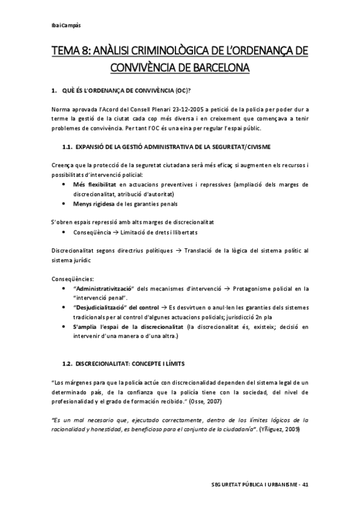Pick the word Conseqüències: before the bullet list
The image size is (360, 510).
(72, 279)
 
